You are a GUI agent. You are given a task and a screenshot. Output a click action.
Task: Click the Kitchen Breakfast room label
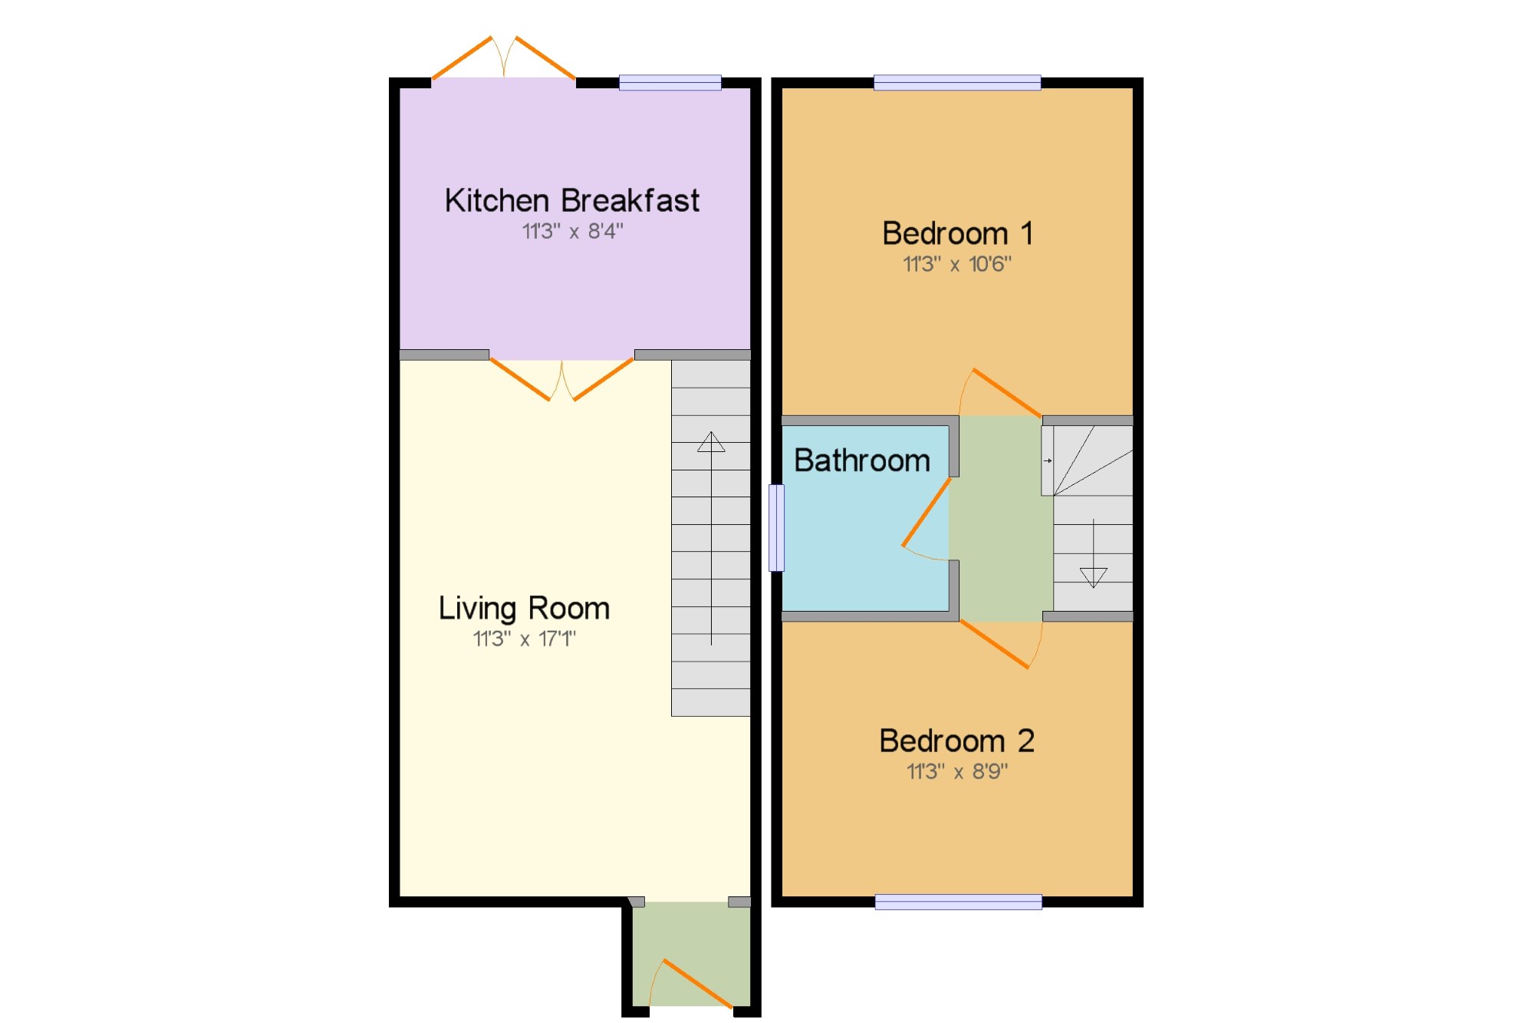[572, 200]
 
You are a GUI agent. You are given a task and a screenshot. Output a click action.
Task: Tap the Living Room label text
[524, 609]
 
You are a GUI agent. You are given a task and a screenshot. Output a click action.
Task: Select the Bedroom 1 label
[958, 233]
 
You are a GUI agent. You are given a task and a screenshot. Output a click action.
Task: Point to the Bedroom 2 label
[957, 741]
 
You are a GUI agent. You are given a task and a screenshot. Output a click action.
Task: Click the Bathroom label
[862, 460]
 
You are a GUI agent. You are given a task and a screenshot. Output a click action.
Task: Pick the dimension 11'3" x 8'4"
[573, 231]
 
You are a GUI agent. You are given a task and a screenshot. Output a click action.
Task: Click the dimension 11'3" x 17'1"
[524, 639]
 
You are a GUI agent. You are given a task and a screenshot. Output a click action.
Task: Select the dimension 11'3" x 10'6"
[957, 264]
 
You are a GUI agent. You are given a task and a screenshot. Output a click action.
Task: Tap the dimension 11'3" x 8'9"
[957, 771]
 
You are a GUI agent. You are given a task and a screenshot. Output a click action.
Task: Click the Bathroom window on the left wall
[777, 528]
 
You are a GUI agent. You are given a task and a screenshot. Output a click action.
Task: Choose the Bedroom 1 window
[957, 83]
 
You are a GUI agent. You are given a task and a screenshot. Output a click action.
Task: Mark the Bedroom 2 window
[959, 903]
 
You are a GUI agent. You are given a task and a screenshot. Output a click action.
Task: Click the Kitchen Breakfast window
[670, 83]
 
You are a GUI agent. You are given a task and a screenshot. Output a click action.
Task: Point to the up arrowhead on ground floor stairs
[711, 441]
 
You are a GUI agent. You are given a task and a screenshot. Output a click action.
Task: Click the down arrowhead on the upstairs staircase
[1094, 578]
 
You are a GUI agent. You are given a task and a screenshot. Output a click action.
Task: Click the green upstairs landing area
[1001, 519]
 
